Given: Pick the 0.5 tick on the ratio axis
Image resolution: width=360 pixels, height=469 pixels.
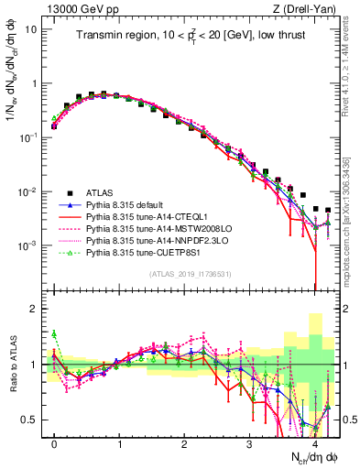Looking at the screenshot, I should coord(29,420).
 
